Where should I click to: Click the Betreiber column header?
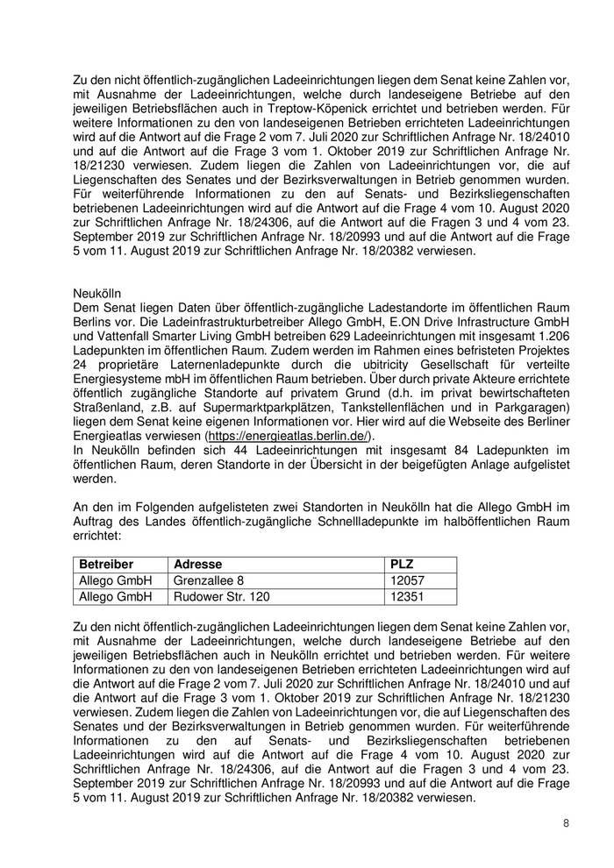[106, 564]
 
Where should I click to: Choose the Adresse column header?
[198, 564]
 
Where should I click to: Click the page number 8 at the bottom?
[566, 823]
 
